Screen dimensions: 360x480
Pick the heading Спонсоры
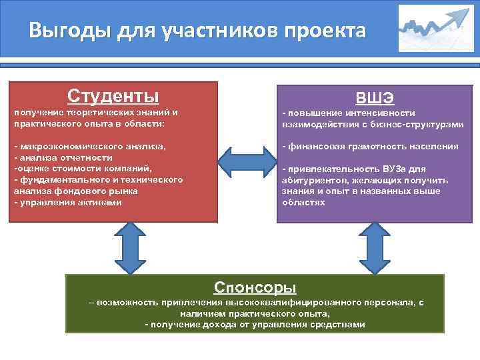tap(255, 287)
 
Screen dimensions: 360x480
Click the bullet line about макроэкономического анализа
tap(90, 145)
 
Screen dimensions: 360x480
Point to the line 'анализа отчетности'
tap(64, 157)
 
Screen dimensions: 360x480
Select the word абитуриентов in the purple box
tap(311, 180)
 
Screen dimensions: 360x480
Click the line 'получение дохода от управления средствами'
tap(255, 324)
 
